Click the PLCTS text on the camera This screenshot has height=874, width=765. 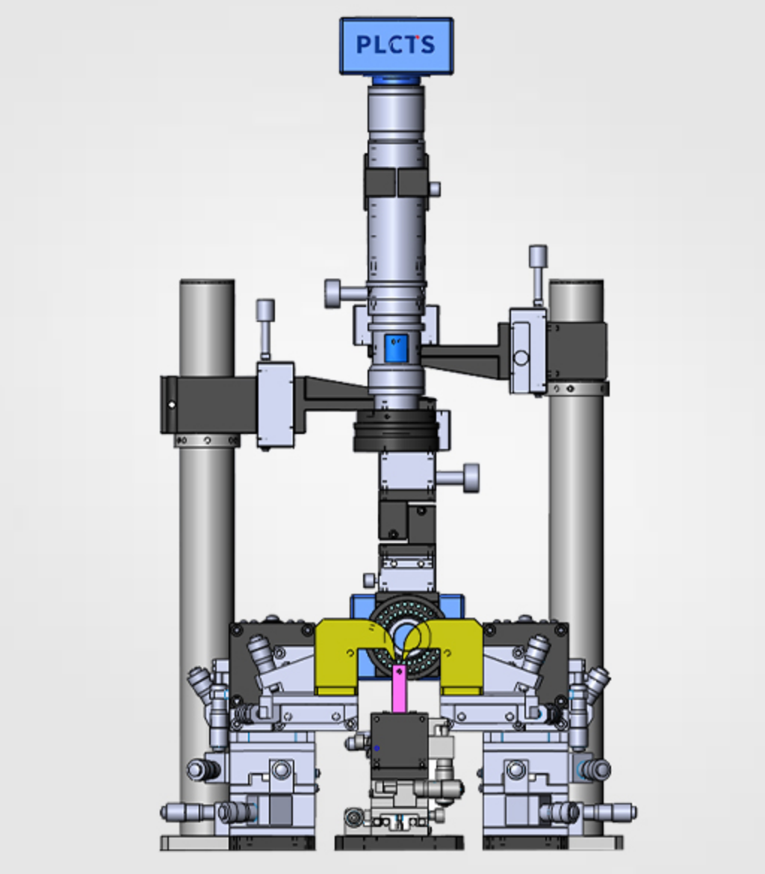click(395, 45)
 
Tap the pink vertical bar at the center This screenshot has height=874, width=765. click(399, 688)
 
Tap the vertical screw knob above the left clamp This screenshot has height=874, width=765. click(265, 329)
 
